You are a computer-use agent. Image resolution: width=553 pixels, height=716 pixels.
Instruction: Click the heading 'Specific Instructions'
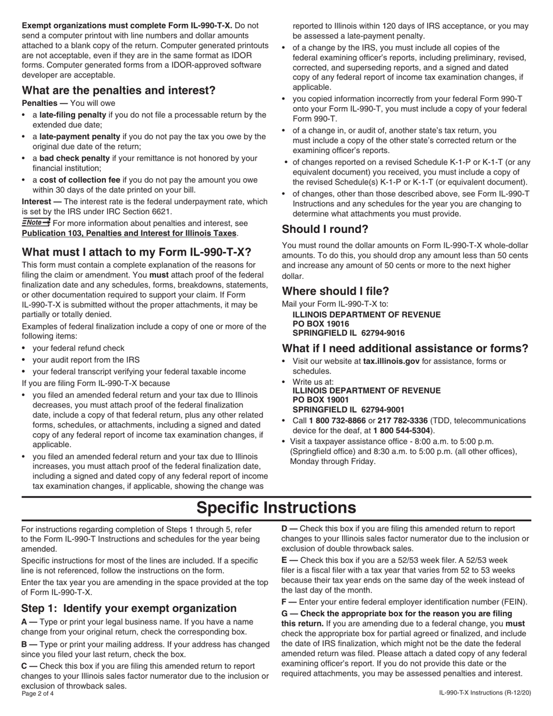(276, 508)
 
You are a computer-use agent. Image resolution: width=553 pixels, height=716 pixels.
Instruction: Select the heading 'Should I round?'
(325, 229)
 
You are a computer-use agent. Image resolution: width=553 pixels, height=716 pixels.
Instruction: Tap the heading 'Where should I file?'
(335, 291)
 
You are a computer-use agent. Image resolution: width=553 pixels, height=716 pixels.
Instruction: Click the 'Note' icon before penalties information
(36, 223)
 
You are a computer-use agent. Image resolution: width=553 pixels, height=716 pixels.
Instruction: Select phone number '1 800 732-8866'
(338, 420)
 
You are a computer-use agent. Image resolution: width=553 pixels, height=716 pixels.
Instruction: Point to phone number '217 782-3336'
(402, 420)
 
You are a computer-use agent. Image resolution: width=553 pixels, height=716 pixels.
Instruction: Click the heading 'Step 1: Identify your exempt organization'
(129, 608)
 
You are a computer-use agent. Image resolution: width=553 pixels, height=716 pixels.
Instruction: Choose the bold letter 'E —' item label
(289, 559)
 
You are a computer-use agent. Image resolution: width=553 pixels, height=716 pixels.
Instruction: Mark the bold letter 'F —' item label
(289, 602)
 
